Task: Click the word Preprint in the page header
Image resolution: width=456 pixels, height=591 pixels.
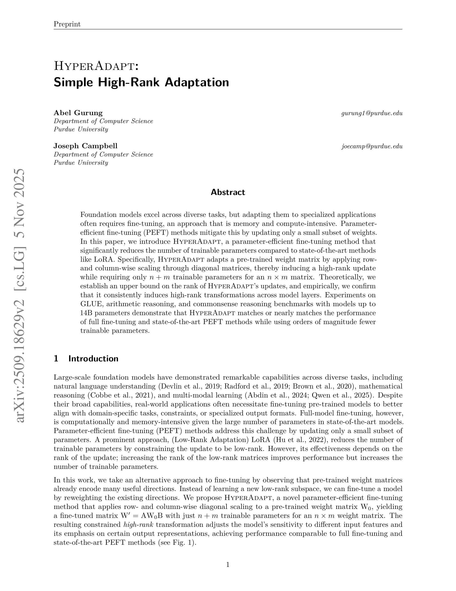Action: point(67,24)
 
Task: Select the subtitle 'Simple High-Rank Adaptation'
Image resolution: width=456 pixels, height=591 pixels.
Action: point(141,82)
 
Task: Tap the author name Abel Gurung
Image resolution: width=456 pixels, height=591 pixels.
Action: point(78,113)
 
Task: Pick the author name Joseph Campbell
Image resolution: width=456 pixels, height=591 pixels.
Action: point(85,146)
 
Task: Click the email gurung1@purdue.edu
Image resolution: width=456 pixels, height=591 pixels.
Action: point(372,113)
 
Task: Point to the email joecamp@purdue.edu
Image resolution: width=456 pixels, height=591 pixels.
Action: point(372,147)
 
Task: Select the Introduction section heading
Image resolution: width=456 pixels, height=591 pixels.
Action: point(93,358)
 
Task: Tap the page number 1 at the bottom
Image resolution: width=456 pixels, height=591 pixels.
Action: point(228,564)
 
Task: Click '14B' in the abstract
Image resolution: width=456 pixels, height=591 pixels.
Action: point(86,313)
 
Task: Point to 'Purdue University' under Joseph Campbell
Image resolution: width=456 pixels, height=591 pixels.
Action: point(81,163)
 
